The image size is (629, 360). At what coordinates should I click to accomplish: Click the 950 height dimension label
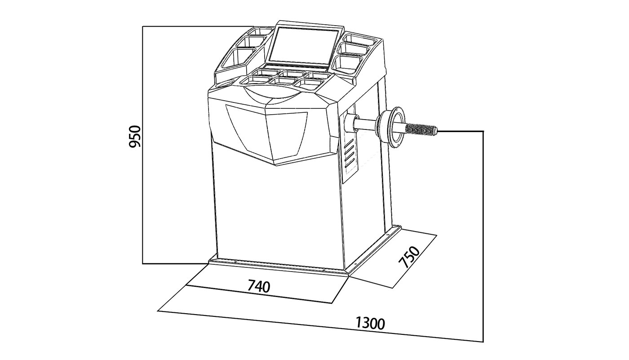coord(134,137)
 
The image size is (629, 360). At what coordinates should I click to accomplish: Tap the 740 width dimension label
coord(259,286)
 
